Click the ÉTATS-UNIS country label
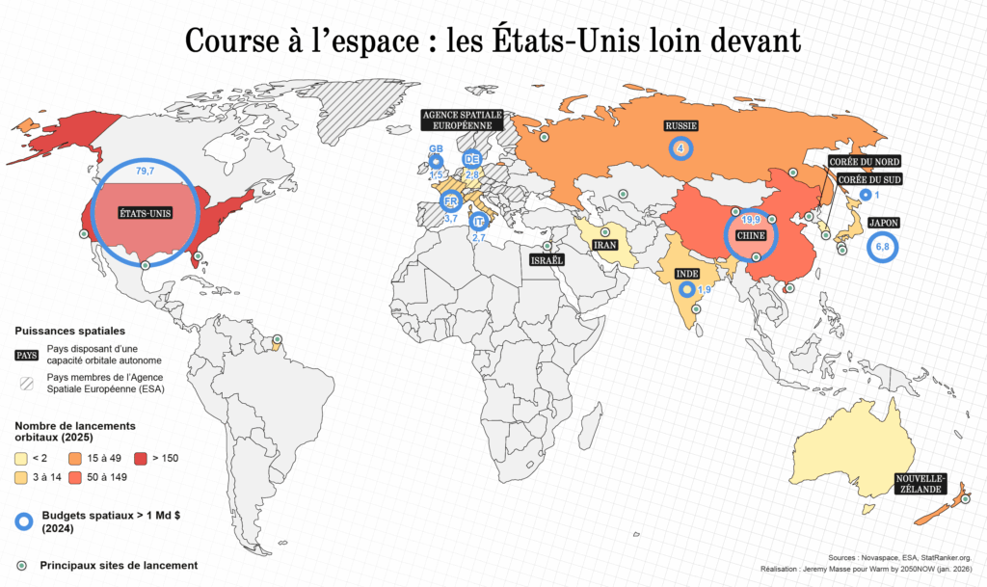click(x=143, y=213)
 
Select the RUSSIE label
click(x=681, y=126)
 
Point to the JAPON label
click(x=883, y=223)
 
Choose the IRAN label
click(x=604, y=245)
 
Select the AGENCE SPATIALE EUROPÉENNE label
click(x=463, y=120)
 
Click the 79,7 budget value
click(x=146, y=171)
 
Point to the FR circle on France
click(x=449, y=201)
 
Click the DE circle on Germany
click(x=471, y=159)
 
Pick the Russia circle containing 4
click(x=681, y=147)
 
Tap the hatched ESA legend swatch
click(x=27, y=383)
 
